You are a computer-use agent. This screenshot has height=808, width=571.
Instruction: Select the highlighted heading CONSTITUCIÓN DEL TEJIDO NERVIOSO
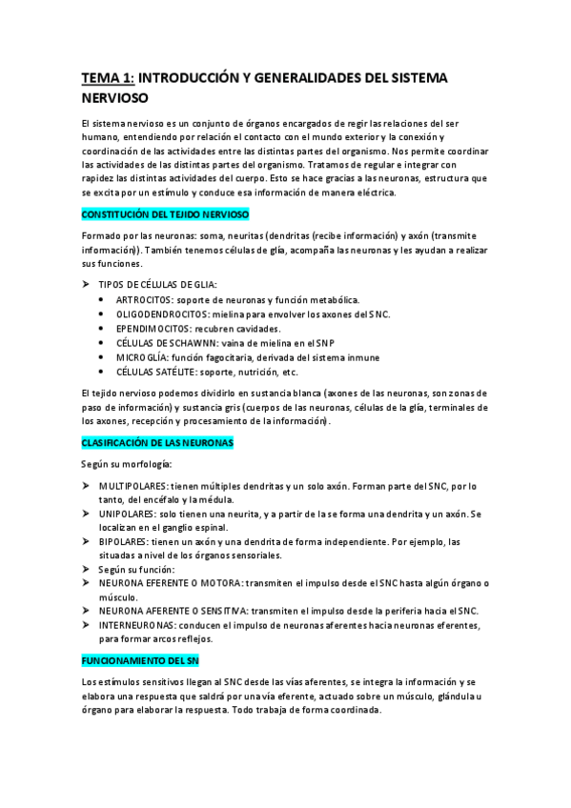click(x=165, y=215)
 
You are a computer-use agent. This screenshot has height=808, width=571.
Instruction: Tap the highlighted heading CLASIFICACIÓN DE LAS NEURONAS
click(x=157, y=444)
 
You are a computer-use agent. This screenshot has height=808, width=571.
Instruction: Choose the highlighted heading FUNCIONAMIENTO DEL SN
click(x=140, y=660)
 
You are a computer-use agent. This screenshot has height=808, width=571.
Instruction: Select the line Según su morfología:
click(x=128, y=464)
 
